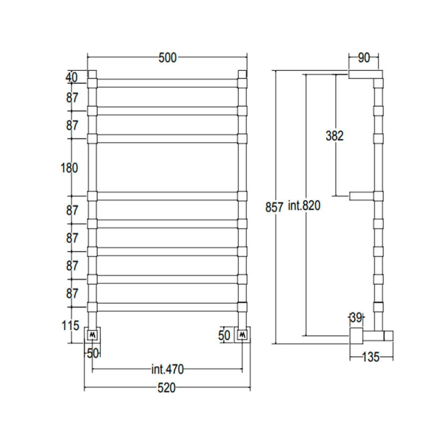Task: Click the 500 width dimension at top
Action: point(167,58)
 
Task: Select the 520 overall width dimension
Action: point(167,388)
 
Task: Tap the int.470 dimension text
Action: point(167,369)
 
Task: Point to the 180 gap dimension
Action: point(69,168)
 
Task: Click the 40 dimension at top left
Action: point(71,77)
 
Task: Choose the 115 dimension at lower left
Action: point(70,325)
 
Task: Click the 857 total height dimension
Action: point(274,207)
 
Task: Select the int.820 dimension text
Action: point(304,205)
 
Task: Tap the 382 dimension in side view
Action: point(335,136)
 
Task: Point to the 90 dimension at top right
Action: point(364,58)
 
